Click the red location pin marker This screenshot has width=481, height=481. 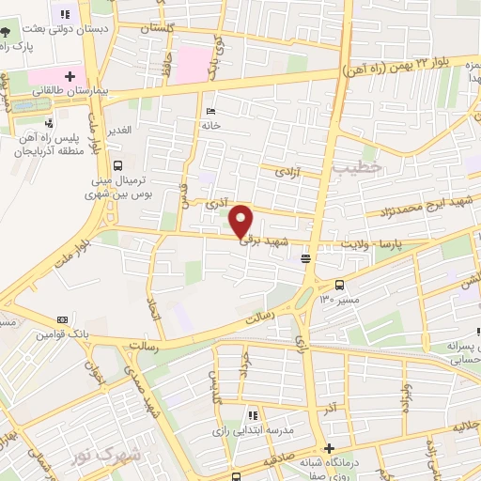(x=241, y=221)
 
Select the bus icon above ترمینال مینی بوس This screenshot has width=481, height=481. (x=116, y=166)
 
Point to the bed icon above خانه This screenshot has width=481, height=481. (x=209, y=111)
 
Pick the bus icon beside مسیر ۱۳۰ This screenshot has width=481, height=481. (x=339, y=285)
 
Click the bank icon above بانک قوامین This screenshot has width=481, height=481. (x=62, y=319)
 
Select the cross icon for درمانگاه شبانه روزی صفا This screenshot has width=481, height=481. (x=329, y=448)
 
